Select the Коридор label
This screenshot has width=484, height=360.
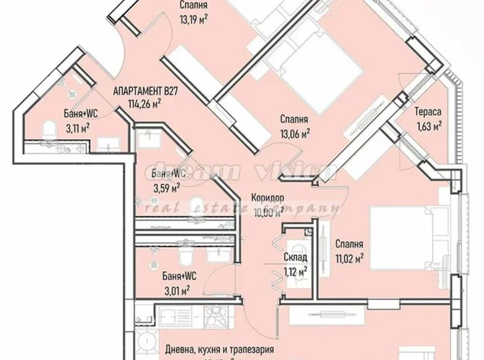[268, 199]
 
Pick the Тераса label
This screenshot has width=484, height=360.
[428, 112]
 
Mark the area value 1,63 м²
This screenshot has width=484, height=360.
[428, 125]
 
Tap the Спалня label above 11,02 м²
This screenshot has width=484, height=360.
[349, 244]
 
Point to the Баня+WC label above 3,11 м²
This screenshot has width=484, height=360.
[81, 114]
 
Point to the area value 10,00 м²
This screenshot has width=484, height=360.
[268, 211]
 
